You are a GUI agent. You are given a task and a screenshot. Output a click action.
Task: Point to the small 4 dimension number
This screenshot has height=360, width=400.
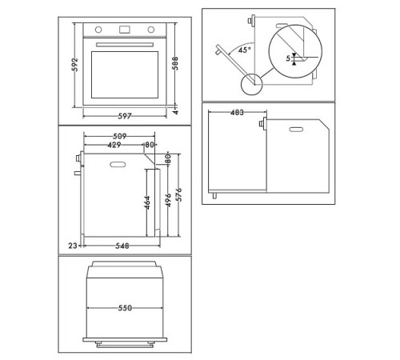point(175,113)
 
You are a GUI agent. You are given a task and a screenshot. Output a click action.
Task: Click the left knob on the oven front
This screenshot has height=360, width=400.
point(100,30)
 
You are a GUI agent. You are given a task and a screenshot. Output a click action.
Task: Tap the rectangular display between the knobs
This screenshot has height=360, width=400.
point(126,30)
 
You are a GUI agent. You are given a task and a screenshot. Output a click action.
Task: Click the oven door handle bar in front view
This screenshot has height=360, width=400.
point(126,45)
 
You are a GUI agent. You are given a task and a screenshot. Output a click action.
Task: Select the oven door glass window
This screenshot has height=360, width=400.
point(126,74)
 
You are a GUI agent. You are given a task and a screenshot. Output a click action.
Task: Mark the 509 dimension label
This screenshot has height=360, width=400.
point(117,136)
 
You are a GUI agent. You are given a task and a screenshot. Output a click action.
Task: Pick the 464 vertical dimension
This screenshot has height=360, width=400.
point(147,203)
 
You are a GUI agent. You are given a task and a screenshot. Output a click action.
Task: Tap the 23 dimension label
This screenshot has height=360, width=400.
point(72,245)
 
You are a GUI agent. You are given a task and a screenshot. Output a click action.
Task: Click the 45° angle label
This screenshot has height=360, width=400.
point(245,50)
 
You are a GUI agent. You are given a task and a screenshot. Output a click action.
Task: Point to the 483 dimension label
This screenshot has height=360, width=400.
point(238,113)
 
